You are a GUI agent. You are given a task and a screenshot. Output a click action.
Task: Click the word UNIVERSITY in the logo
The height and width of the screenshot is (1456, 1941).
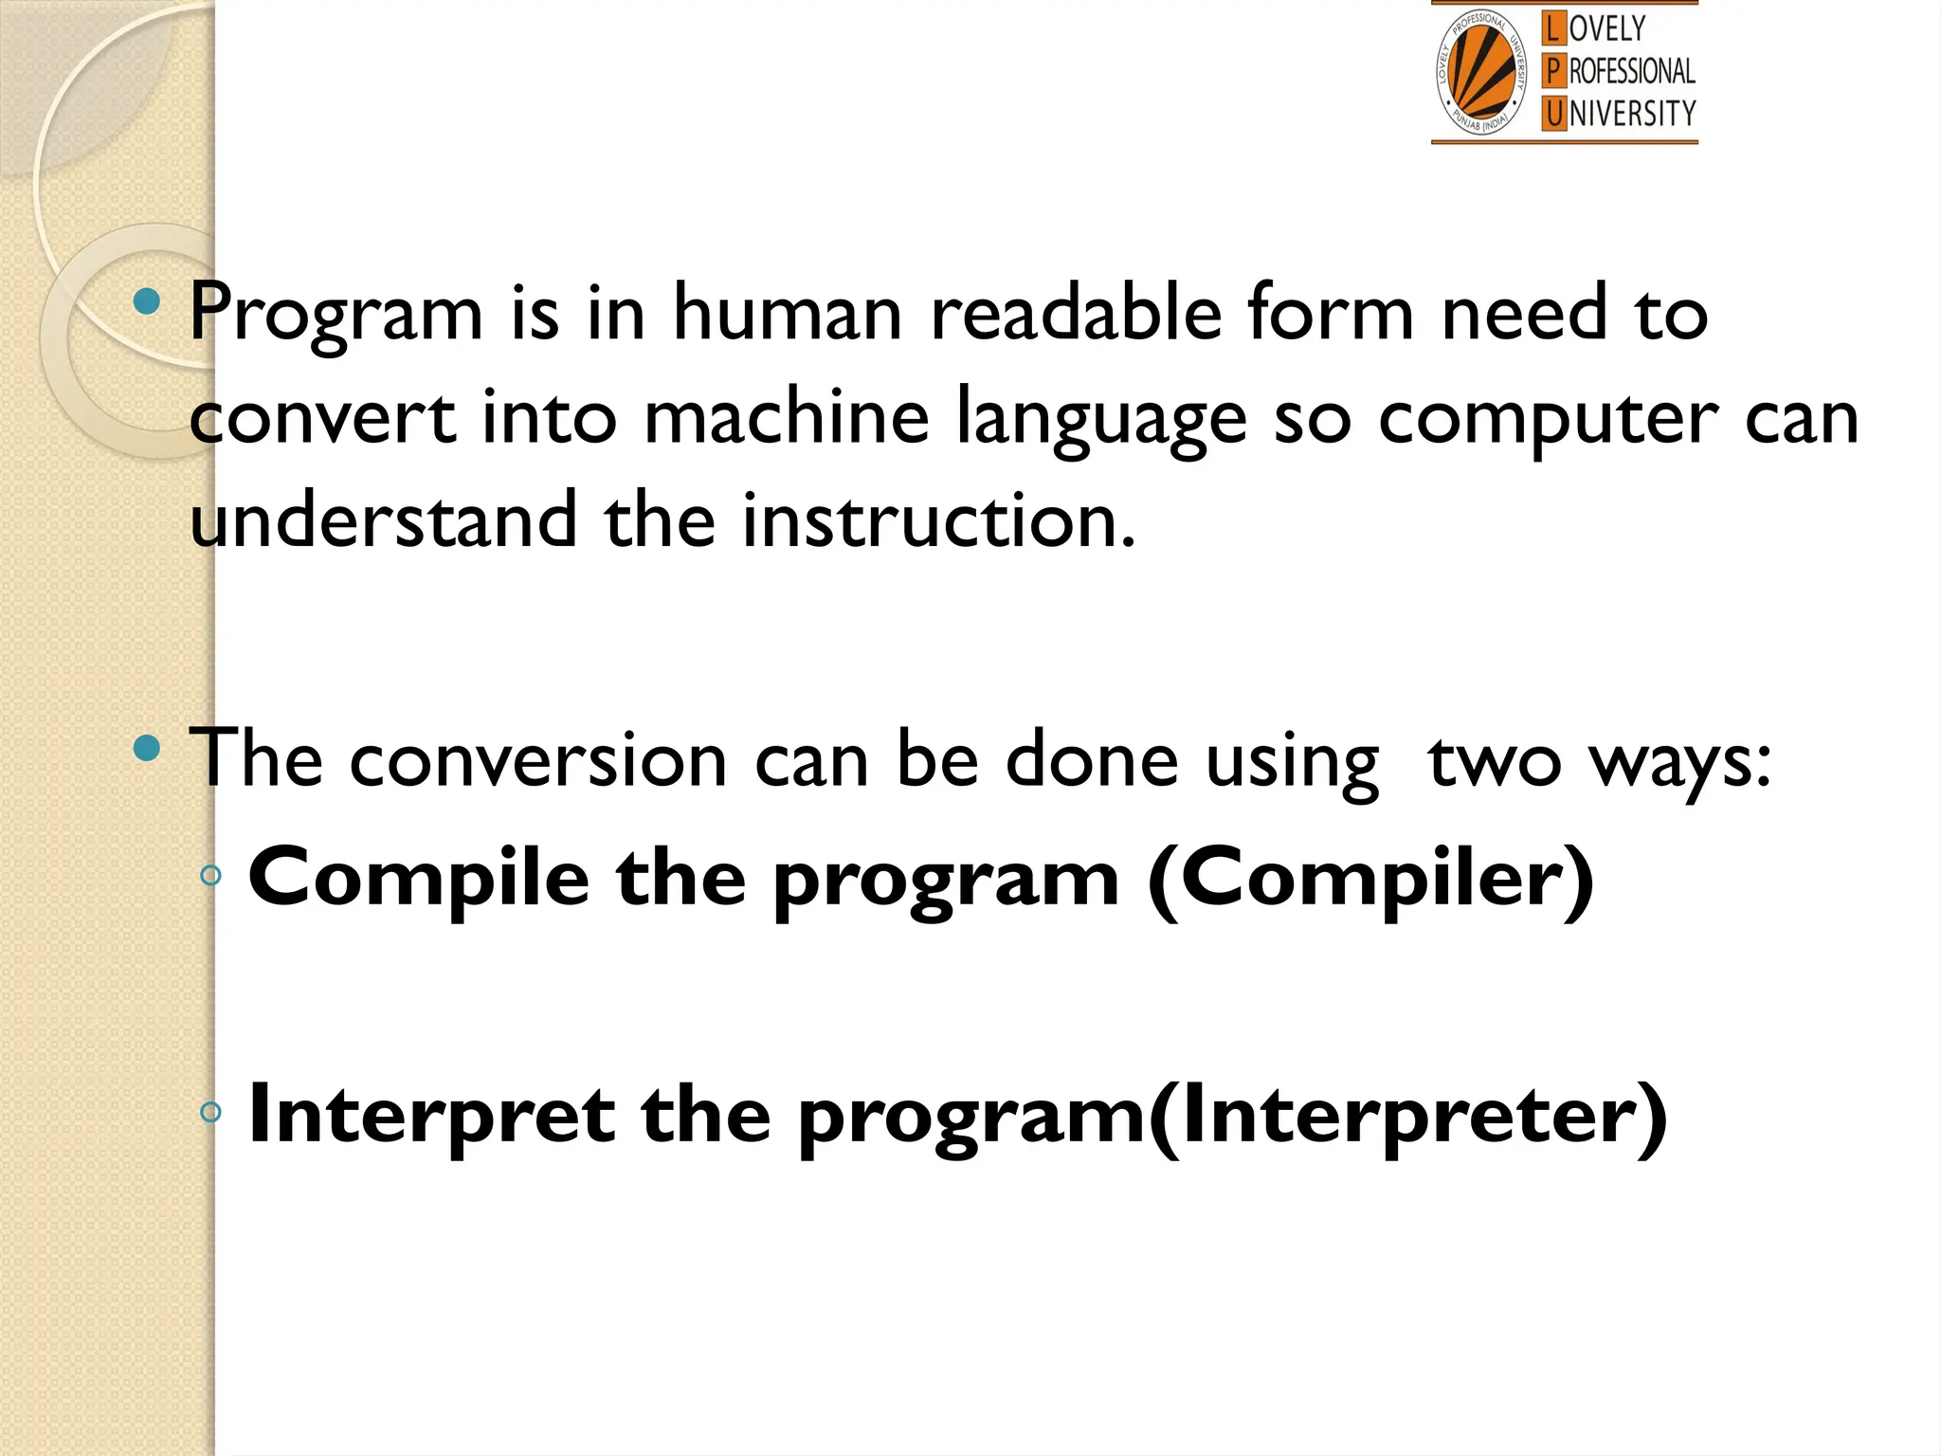1632,114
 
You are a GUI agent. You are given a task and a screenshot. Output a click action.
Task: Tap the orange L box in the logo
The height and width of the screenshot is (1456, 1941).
1552,28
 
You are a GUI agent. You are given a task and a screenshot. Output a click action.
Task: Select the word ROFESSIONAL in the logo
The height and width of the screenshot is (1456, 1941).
1632,71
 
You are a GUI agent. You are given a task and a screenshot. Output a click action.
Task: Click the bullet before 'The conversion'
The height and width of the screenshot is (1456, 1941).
147,749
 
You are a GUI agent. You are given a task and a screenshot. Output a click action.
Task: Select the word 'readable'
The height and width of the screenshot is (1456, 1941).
1076,313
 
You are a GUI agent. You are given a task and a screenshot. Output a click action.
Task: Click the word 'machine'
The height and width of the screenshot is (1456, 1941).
787,417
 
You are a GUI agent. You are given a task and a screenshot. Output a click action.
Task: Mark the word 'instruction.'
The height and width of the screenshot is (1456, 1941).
938,521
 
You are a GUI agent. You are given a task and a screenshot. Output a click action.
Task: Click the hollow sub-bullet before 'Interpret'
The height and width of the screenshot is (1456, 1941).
211,1111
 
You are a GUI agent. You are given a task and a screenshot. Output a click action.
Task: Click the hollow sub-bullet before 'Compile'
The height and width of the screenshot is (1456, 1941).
211,876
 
